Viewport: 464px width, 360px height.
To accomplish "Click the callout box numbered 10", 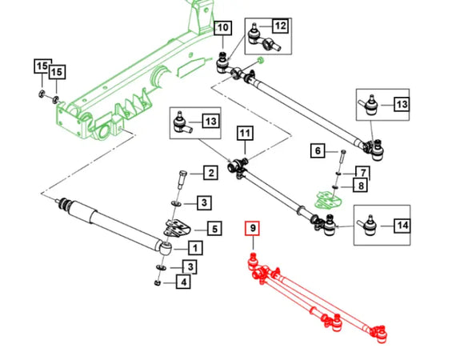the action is [223, 28].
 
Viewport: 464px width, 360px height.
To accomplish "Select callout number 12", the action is [280, 26].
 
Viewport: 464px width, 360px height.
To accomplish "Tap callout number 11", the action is [245, 134].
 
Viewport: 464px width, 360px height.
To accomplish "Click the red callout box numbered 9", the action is [252, 228].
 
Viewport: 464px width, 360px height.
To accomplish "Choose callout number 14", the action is [402, 226].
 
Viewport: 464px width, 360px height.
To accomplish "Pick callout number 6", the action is [318, 150].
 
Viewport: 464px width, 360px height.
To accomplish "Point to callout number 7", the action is [362, 172].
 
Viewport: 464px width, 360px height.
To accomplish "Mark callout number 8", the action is [361, 186].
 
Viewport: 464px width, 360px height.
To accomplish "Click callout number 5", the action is [214, 229].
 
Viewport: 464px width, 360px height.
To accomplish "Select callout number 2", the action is [210, 173].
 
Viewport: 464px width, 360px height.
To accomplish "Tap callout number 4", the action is [183, 282].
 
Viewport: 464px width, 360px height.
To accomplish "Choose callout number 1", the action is [195, 247].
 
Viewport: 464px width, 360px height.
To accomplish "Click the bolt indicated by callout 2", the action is [182, 179].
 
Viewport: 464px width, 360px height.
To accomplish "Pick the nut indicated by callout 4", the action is [158, 282].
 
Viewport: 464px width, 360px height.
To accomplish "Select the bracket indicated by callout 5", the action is [178, 229].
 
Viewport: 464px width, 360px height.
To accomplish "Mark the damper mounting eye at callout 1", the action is [166, 248].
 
